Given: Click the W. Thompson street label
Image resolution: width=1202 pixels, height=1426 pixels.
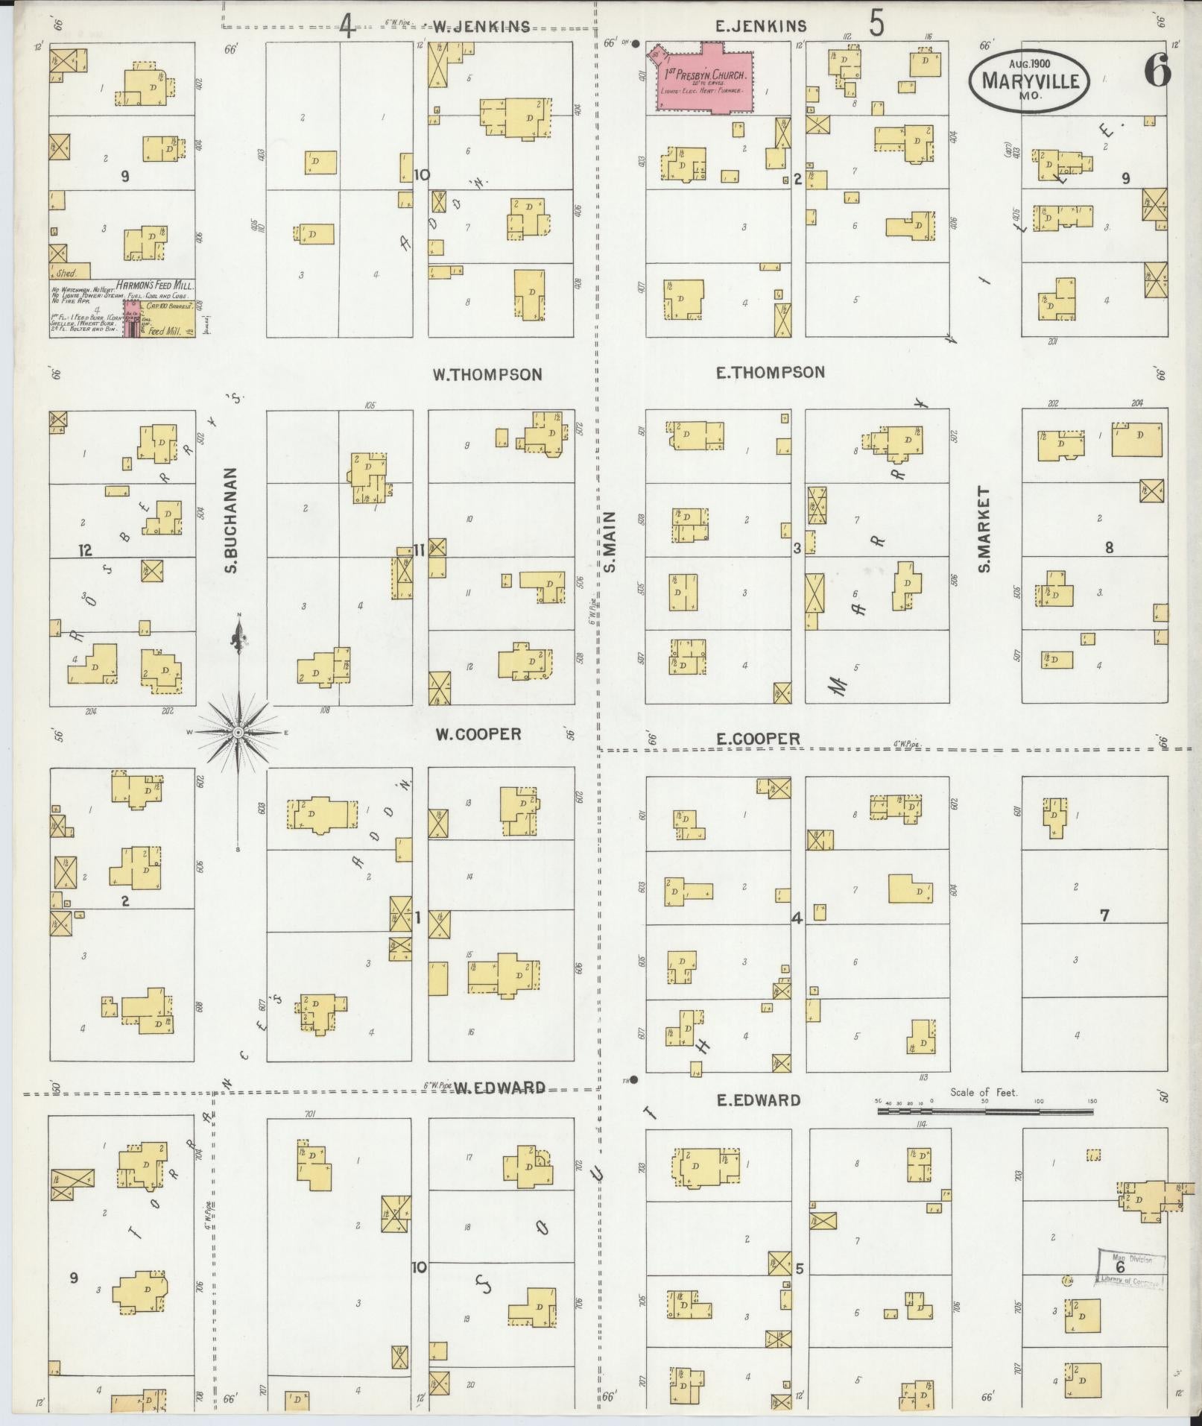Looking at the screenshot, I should click(x=487, y=374).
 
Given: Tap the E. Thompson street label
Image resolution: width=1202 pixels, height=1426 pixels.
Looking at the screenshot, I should click(x=770, y=372).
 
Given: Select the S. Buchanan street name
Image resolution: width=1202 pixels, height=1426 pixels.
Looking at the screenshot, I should click(x=230, y=520).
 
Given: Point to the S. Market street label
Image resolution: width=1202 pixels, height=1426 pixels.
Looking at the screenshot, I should click(x=984, y=529).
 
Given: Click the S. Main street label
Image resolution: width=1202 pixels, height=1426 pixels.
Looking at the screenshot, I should click(x=610, y=541).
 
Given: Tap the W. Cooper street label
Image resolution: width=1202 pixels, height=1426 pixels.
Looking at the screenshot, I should click(x=478, y=734).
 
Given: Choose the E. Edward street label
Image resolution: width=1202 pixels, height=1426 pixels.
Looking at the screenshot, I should click(x=758, y=1100).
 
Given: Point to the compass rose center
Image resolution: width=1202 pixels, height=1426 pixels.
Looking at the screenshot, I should click(x=238, y=733).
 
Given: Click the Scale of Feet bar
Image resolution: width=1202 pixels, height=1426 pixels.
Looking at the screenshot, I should click(x=984, y=1111).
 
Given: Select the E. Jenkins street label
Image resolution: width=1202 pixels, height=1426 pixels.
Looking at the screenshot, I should click(x=760, y=26).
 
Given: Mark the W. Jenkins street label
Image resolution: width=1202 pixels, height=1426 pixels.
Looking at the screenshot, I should click(x=481, y=27).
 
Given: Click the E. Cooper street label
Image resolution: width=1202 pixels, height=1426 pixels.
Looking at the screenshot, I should click(x=758, y=739).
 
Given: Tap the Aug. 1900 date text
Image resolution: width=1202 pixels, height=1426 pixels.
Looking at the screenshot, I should click(x=1029, y=63).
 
